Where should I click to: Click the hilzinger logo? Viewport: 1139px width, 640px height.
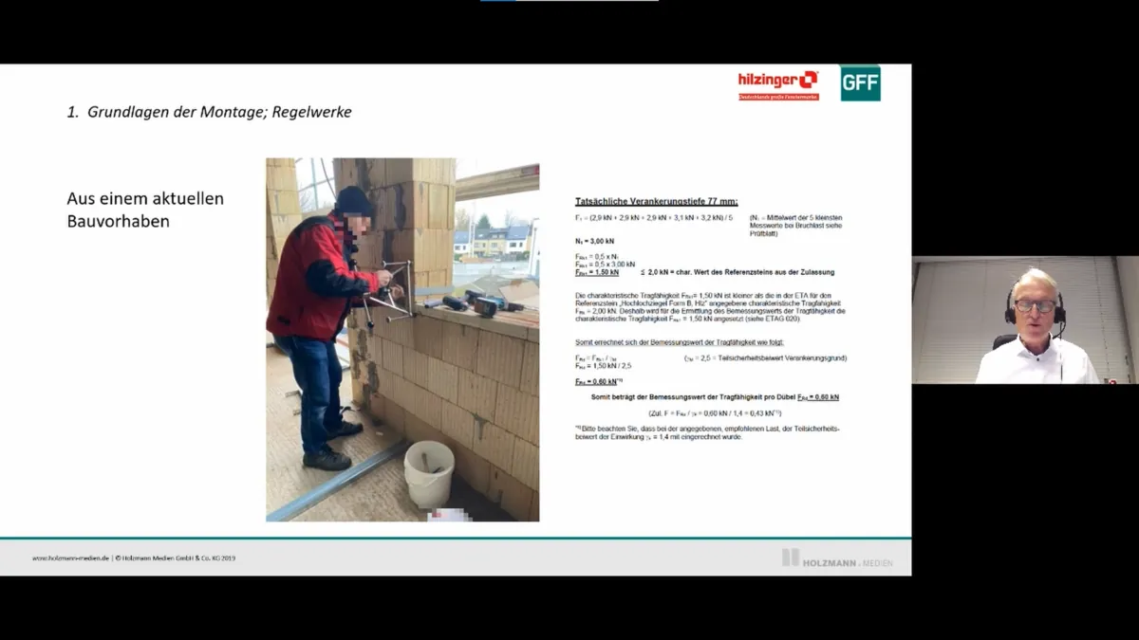coord(777,82)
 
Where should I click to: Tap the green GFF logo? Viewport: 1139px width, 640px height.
coord(860,83)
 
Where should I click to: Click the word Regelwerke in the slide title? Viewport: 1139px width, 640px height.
coord(311,112)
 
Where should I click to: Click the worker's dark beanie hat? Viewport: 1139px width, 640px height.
coord(355,200)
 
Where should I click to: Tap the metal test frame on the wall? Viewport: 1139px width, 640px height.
coord(389,288)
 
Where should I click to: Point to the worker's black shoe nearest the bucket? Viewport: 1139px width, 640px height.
coord(327,460)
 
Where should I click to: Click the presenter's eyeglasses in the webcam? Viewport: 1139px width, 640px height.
coord(1034,306)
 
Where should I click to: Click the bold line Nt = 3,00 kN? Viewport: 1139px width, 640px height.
coord(594,241)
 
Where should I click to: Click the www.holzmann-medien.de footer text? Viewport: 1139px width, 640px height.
coord(71,558)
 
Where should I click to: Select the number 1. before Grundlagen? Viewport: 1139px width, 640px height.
coord(72,112)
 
